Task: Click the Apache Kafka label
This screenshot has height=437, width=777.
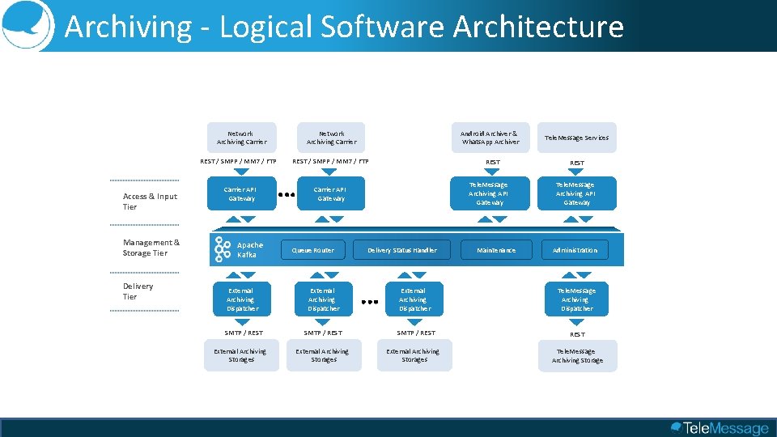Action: coord(249,250)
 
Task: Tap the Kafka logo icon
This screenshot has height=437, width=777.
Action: coord(223,249)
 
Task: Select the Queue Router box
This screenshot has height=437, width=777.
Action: coord(312,250)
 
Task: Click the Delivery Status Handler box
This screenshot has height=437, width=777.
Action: coord(401,250)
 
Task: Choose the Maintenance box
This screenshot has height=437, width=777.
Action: coord(495,250)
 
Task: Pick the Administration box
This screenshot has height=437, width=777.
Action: coord(575,250)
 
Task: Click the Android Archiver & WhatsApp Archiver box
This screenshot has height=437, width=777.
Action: coord(490,138)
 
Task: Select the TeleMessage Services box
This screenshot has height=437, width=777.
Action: coord(576,138)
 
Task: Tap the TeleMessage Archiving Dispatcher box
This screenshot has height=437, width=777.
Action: coord(576,299)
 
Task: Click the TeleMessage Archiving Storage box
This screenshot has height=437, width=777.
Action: coord(577,356)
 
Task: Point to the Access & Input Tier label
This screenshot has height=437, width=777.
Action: coord(150,202)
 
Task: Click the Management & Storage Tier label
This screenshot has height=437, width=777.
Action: coord(151,248)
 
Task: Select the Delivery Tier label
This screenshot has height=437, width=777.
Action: coord(138,291)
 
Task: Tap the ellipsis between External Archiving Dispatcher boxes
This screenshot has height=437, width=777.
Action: coord(369,301)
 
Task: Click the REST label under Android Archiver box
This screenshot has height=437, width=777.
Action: coord(492,163)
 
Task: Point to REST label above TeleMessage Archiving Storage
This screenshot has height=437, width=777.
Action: coord(577,333)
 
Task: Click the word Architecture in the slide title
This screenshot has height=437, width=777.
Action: coord(538,27)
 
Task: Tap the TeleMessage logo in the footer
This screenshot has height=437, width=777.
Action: coord(720,428)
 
